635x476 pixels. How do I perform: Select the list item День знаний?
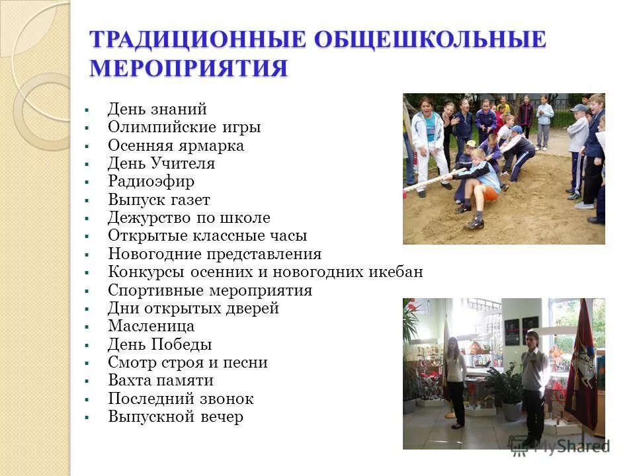point(157,109)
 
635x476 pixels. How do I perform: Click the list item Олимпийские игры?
point(185,128)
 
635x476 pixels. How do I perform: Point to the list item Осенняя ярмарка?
point(176,145)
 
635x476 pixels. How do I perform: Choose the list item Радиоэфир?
point(151,181)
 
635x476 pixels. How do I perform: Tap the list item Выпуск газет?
point(159,200)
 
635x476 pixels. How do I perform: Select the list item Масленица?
point(151,326)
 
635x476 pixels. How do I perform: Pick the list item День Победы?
point(160,344)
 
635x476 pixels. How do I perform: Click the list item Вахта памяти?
point(161,380)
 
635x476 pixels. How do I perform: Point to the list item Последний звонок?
point(181,399)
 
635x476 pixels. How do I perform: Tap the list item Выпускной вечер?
point(175,417)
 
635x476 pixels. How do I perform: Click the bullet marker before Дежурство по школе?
point(87,218)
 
